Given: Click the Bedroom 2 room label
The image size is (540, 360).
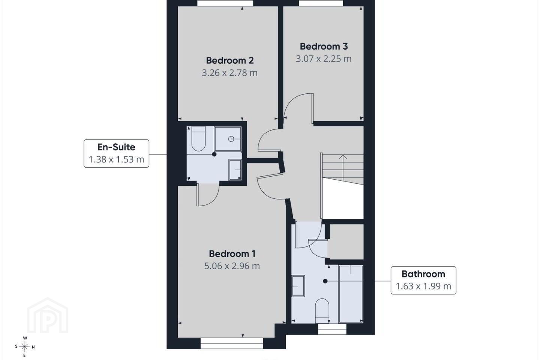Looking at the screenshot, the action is tap(230, 60).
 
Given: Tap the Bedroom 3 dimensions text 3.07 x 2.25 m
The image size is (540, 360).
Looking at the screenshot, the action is tap(324, 58).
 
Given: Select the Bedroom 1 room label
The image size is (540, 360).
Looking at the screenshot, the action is tap(232, 253).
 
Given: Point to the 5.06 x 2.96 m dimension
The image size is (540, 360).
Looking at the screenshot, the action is tap(232, 266).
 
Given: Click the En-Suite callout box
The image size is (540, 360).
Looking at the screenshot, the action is tap(116, 153).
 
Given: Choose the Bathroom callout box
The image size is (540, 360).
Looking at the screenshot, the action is tap(423, 280).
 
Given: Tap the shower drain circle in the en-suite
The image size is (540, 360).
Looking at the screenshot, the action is tap(231, 139).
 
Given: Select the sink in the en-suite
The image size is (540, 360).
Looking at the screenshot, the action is tap(235, 170).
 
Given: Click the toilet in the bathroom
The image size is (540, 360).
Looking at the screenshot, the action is tap(322, 311).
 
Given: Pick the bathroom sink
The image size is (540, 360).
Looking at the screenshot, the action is tap(298, 286).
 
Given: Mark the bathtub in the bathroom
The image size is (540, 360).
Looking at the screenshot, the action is tap(351, 294).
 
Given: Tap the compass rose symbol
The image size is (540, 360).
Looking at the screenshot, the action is tap(25, 347).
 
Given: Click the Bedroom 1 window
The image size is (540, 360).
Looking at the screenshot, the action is tap(232, 343).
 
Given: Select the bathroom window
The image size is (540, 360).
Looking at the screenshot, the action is tap(332, 329).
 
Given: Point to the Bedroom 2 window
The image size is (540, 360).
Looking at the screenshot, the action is tap(225, 3).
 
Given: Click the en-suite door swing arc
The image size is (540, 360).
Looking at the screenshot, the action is tap(215, 198).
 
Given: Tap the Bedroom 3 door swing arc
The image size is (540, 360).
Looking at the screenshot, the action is tap(294, 99).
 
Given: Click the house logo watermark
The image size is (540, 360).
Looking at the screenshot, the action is tap(48, 316).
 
